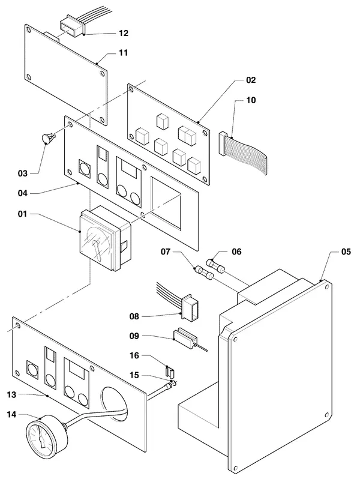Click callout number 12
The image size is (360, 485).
coord(124,33)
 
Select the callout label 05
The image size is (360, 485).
coord(346,252)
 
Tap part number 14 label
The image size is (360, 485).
coord(11,414)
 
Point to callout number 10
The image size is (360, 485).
coord(251,100)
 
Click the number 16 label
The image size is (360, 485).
coord(134,356)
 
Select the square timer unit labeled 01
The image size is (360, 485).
coord(105,237)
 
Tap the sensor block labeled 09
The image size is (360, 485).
coord(185,338)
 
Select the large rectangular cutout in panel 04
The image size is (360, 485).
coord(166,203)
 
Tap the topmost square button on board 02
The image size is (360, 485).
coord(163,121)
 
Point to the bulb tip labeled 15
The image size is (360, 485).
coord(174,383)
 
